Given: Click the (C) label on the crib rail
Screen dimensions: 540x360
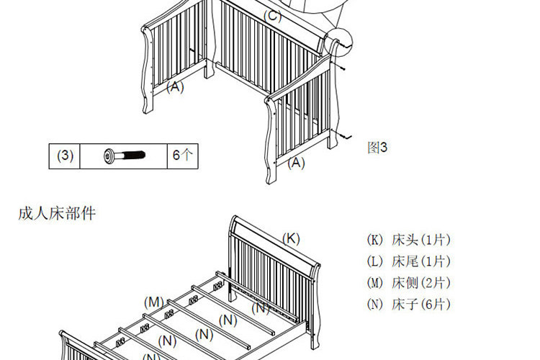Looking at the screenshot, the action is point(273,16).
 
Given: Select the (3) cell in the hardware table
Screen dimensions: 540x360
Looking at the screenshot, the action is point(66,155).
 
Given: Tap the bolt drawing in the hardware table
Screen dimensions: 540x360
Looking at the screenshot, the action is point(124,155).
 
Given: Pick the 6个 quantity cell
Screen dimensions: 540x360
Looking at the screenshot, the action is point(181,155).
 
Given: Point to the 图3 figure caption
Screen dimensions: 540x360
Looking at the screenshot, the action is point(377,148).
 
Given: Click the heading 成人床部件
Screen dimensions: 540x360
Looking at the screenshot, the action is point(57,214).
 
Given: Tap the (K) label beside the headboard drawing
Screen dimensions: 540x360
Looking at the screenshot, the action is point(291,238).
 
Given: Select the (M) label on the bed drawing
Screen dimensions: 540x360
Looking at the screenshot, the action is point(153,301).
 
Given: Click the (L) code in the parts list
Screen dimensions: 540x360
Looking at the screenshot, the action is point(375,261).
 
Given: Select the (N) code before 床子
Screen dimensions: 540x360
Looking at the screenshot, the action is point(375,304).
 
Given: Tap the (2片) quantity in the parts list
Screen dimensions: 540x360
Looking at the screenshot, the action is point(436,283).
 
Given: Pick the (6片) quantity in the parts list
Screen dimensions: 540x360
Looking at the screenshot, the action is point(436,304).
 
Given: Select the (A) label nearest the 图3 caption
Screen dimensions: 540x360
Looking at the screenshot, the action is point(297,163).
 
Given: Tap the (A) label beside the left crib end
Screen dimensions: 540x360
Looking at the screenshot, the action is point(175,87).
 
